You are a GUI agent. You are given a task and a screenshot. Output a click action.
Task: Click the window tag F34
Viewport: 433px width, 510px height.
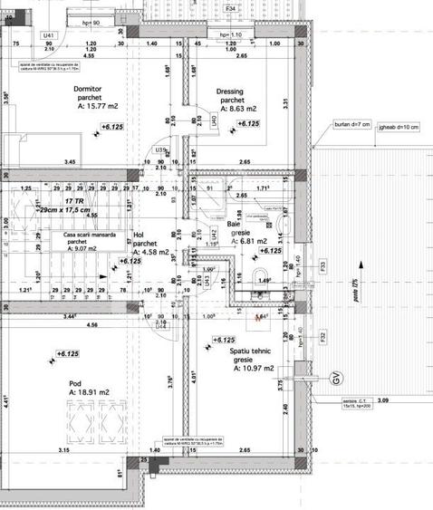pyautogui.click(x=231, y=8)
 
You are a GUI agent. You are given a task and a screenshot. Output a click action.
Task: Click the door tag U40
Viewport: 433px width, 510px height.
pyautogui.click(x=215, y=120)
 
